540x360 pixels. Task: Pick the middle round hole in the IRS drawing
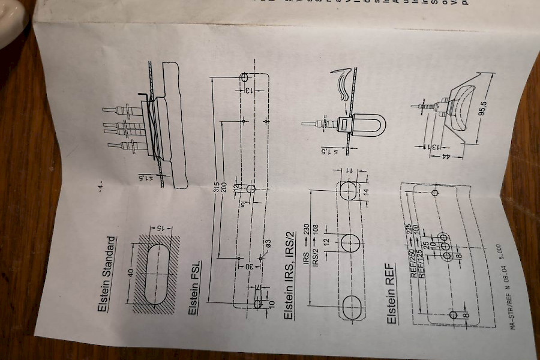[350, 243]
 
